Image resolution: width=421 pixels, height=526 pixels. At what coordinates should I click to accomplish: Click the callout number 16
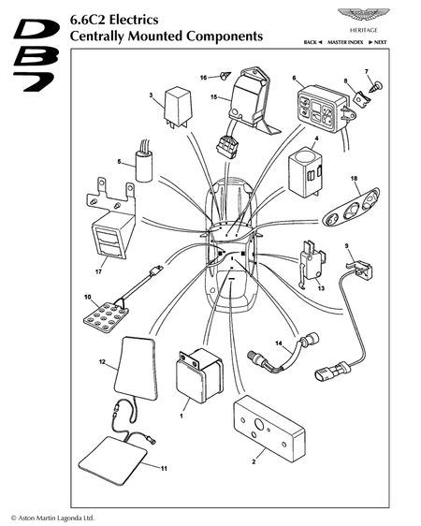pos(203,78)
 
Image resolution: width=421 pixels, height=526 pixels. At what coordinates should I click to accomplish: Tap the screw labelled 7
pos(377,86)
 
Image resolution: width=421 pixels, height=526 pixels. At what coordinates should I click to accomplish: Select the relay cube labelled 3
pos(178,107)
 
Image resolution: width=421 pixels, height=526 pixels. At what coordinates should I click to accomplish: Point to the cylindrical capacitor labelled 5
pos(144,166)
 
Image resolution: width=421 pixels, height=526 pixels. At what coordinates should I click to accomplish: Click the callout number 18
pos(354,179)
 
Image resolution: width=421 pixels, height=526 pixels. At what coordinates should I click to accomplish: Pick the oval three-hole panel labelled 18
pos(351,207)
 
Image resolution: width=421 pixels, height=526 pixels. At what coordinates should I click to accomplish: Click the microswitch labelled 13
pos(312,264)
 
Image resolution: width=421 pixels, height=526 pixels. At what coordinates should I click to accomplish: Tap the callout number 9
pos(346,246)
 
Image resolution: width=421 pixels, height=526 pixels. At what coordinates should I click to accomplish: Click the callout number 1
pos(181,416)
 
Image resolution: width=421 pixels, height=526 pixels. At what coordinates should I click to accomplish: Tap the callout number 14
pos(279,343)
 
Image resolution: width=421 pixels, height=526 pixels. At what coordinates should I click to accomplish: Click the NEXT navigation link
pos(378,42)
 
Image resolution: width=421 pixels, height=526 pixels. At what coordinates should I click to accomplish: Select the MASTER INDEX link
pos(345,42)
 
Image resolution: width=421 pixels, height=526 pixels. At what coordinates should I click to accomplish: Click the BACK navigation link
pos(313,42)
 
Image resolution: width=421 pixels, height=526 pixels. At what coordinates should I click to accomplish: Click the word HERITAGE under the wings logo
pos(364,30)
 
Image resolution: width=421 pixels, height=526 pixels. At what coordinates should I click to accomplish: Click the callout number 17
pos(98,272)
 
